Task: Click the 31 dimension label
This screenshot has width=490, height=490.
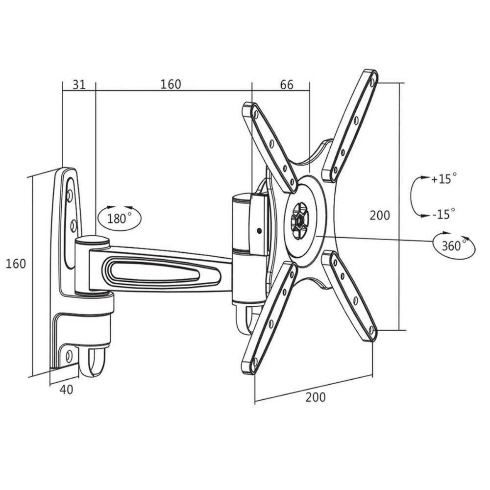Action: pyautogui.click(x=79, y=84)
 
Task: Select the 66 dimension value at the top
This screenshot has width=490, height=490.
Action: pyautogui.click(x=287, y=84)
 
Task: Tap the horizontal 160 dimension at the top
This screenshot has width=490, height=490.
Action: pyautogui.click(x=171, y=84)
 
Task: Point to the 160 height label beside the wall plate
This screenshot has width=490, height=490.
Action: pyautogui.click(x=16, y=263)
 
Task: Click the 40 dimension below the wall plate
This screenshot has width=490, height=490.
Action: pyautogui.click(x=67, y=390)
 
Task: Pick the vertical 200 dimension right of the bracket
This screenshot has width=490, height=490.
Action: pyautogui.click(x=380, y=215)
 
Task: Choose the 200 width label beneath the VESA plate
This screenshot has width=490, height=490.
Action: pyautogui.click(x=315, y=397)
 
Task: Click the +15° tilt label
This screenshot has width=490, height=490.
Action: pyautogui.click(x=444, y=178)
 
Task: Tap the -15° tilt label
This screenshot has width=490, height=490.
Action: pyautogui.click(x=444, y=214)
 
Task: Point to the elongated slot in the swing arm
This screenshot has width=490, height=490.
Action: pyautogui.click(x=155, y=270)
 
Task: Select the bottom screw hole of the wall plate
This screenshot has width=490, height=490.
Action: pyautogui.click(x=69, y=354)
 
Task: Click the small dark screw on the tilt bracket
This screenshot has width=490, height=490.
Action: pyautogui.click(x=258, y=229)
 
